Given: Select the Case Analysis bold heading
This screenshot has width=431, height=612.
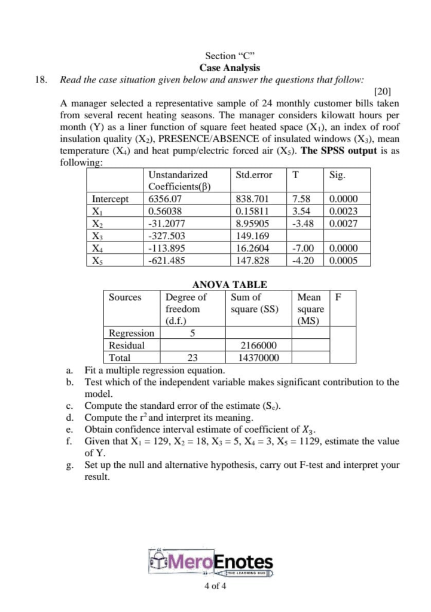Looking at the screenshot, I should click(x=230, y=68).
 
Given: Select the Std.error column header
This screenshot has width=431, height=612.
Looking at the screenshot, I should click(x=253, y=175).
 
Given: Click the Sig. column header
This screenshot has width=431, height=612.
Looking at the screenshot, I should click(x=338, y=175).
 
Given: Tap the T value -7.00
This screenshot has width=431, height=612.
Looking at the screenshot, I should click(x=303, y=248).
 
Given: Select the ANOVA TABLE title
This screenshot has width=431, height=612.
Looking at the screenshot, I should click(x=230, y=285).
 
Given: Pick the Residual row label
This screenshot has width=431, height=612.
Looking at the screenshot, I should click(x=126, y=345).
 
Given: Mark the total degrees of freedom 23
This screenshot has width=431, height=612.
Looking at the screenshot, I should click(x=192, y=357).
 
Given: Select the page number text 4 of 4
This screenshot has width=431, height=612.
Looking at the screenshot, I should click(x=215, y=586).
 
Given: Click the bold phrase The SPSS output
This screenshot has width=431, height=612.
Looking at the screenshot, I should click(x=338, y=151).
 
